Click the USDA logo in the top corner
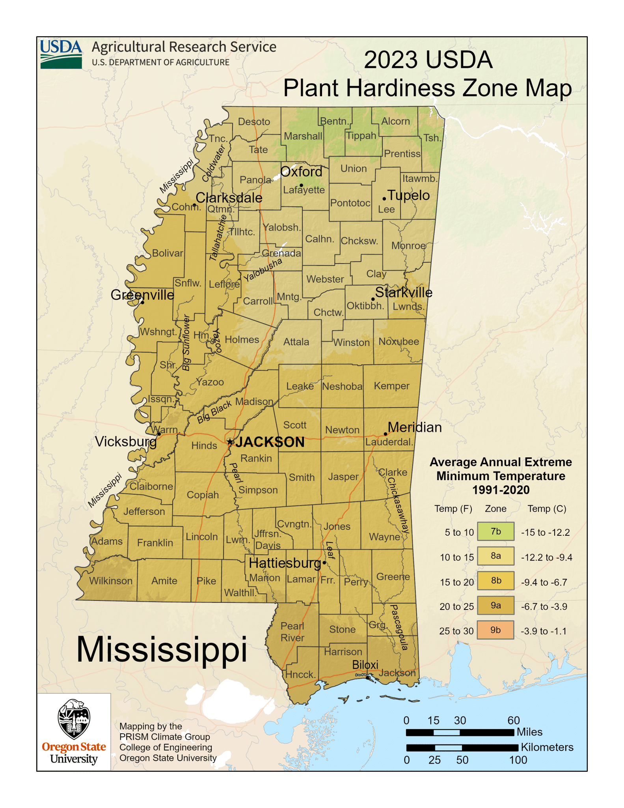click(61, 54)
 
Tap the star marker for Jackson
click(231, 442)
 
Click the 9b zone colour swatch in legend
click(495, 630)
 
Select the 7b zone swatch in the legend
click(495, 531)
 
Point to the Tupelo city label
click(408, 195)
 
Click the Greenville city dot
click(143, 302)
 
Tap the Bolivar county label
click(168, 253)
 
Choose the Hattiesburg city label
click(285, 563)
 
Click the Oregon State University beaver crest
click(74, 719)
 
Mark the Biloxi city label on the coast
click(365, 665)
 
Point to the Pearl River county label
click(292, 632)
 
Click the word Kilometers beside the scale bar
click(547, 747)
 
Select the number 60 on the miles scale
click(513, 720)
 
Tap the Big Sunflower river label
click(186, 342)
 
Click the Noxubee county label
click(399, 342)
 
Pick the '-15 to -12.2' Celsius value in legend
click(545, 532)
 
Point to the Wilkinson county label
click(111, 581)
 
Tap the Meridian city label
click(415, 427)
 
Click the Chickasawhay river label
click(399, 505)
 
